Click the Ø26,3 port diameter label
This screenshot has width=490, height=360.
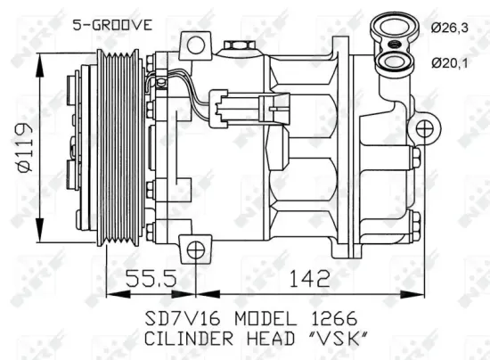coord(450,29)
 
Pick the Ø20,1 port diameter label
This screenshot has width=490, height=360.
coord(450,61)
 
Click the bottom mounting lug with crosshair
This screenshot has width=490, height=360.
coord(197,248)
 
